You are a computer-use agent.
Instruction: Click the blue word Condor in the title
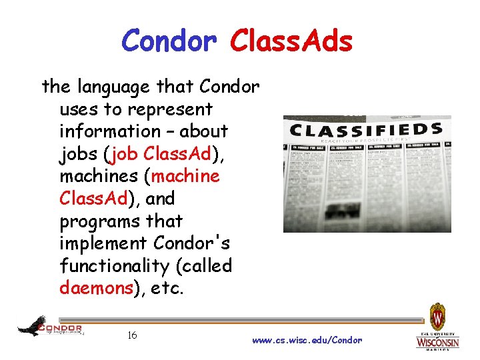pos(169,41)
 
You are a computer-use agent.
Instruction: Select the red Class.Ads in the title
pos(291,41)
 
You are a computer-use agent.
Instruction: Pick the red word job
pos(123,154)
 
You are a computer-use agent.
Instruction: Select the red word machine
pos(185,176)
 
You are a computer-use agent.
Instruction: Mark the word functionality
pos(115,266)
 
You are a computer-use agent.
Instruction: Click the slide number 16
pos(132,335)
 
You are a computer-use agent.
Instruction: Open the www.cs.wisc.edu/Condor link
pos(307,340)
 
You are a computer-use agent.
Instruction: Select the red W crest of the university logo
pos(437,314)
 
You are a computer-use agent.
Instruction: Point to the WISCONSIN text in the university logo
pos(437,343)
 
